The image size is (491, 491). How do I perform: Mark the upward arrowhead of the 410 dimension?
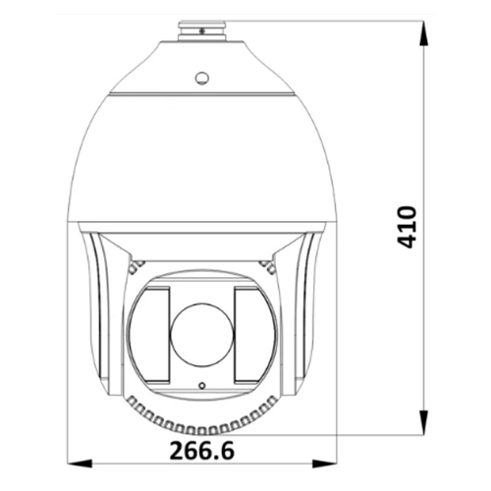(x=423, y=31)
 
